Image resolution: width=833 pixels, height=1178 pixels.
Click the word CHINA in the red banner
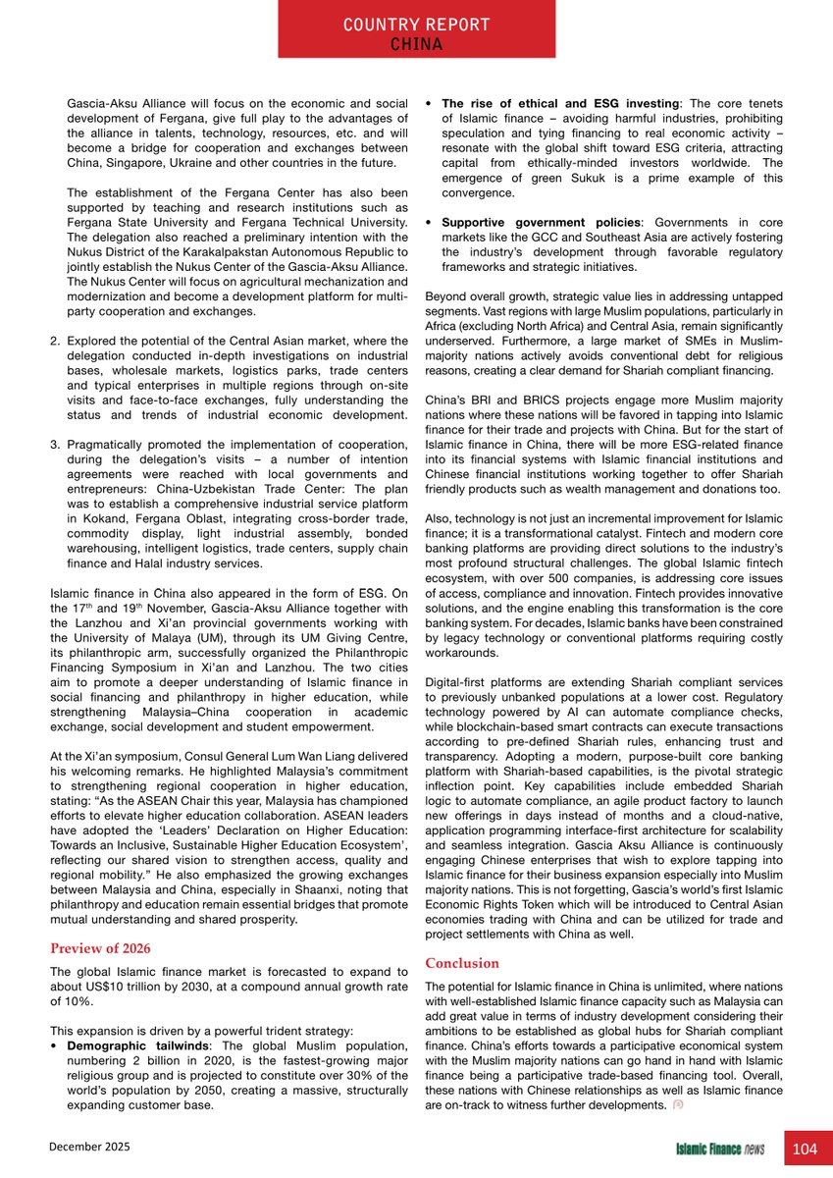coord(416,44)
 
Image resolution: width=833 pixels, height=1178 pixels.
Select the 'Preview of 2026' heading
coord(99,947)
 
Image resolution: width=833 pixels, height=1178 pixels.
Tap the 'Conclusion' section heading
coord(463,963)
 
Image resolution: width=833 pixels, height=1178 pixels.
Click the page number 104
coord(805,1149)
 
